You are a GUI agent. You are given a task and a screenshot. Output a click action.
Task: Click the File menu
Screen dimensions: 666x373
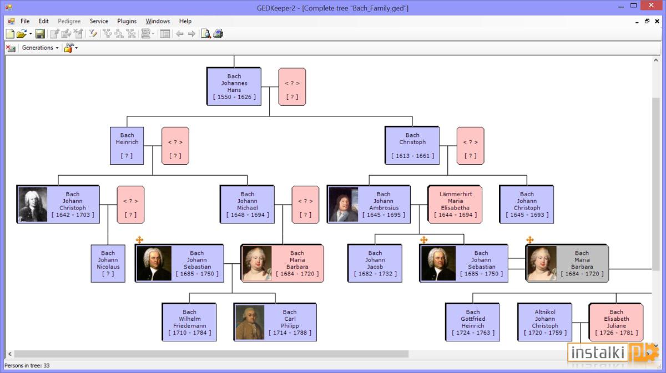coord(25,21)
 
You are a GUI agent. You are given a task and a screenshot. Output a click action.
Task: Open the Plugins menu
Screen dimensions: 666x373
coord(127,21)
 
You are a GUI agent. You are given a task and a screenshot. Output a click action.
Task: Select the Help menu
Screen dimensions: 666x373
coord(185,21)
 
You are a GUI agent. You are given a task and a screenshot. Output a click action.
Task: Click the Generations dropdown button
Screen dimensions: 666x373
coord(40,48)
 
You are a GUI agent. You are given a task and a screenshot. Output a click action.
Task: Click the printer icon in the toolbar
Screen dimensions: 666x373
coord(218,34)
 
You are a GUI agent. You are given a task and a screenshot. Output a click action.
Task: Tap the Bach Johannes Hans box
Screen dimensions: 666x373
coord(234,86)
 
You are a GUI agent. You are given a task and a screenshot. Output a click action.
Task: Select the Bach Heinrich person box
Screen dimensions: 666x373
coord(127,146)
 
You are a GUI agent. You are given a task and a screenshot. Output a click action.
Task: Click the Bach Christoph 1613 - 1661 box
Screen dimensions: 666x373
coord(412,145)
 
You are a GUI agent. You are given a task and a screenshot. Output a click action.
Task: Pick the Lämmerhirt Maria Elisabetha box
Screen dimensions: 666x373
coord(455,205)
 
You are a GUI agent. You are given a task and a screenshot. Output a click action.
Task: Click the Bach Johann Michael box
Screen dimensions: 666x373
coord(247,205)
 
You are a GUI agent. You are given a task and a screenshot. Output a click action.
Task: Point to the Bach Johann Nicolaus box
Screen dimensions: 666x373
coord(108,263)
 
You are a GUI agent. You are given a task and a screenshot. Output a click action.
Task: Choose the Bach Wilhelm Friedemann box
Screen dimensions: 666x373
coord(189,322)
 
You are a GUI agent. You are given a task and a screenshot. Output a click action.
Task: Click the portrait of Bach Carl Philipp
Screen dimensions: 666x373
coord(250,322)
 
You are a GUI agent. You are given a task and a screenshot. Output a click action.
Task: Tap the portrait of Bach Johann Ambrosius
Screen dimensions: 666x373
coord(344,205)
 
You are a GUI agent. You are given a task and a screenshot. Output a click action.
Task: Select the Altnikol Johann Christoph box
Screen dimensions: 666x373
coord(544,322)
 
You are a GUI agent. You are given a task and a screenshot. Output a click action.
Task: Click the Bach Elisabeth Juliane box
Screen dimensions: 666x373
coord(616,322)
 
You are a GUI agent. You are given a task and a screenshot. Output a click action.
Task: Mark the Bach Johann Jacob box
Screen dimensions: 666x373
coord(375,263)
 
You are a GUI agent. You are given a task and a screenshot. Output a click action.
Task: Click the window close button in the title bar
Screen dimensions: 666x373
coord(651,6)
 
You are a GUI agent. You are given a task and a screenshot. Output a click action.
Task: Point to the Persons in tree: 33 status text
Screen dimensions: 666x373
coord(27,366)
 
